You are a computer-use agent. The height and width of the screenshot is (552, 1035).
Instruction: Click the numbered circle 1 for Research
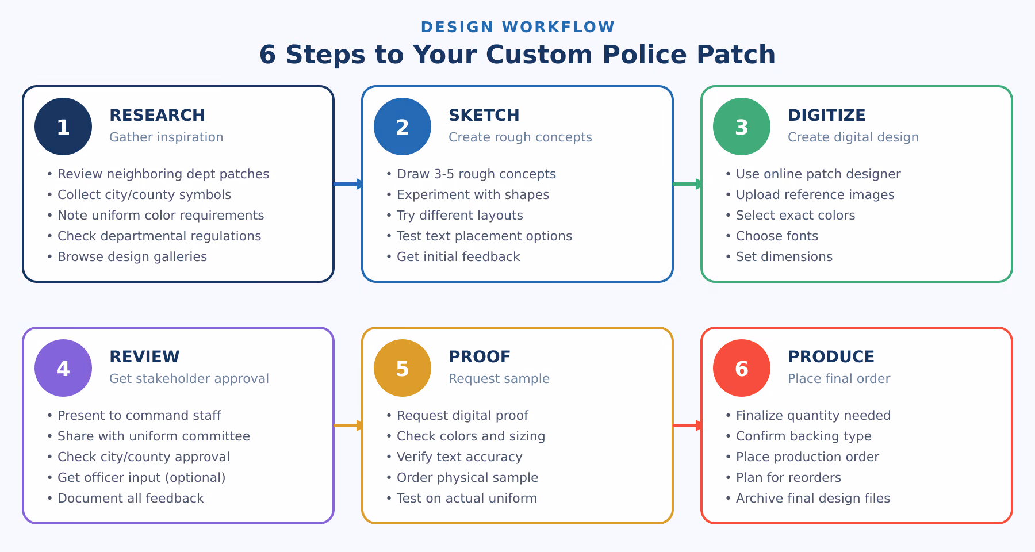63,126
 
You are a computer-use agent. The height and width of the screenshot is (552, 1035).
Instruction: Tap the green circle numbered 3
742,126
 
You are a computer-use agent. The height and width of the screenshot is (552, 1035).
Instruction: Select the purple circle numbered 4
63,368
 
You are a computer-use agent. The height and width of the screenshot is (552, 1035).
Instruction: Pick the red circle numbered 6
742,368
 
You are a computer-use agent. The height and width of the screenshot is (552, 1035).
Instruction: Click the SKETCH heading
484,115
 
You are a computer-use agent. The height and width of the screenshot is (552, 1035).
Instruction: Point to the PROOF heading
479,356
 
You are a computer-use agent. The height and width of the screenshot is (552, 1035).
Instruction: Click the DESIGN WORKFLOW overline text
517,27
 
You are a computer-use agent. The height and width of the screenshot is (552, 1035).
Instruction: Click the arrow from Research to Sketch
348,184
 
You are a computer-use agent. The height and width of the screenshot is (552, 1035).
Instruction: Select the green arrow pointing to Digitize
688,184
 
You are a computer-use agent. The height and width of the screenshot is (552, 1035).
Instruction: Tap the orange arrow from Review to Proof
348,425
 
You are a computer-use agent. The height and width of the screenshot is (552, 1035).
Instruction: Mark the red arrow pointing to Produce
688,425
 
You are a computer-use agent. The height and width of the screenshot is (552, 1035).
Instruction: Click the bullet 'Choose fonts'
776,236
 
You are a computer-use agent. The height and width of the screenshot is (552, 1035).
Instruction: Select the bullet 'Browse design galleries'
132,256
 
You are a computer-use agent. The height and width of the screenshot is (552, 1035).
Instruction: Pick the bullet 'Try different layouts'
459,215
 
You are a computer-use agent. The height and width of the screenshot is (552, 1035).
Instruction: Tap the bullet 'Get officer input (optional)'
141,477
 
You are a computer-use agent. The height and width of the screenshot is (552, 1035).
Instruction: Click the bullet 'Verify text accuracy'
459,457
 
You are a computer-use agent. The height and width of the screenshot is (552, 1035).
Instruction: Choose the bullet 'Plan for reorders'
788,477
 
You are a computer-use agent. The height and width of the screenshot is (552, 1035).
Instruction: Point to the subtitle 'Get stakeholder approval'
189,378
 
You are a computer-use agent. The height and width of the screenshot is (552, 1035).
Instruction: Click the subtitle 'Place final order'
838,378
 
